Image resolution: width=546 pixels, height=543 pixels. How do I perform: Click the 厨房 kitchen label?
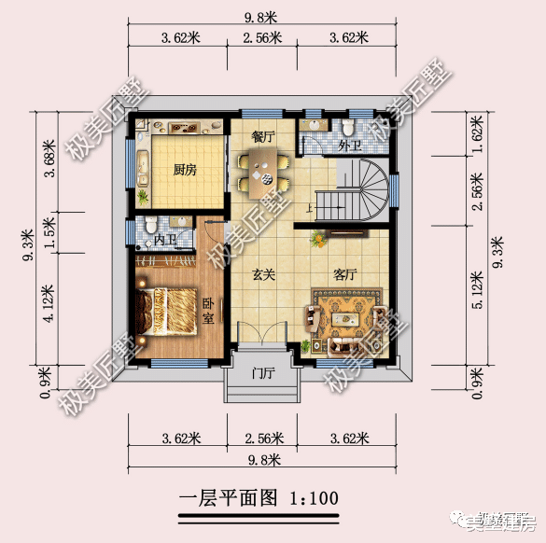tap(185, 171)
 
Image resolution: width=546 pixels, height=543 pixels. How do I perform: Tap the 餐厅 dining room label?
tap(263, 136)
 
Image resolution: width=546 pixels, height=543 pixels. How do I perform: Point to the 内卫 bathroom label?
tap(164, 241)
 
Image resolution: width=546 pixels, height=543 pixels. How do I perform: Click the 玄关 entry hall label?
tap(263, 276)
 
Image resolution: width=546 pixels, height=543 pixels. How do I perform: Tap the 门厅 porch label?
tap(263, 374)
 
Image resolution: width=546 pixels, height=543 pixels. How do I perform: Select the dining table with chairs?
tap(262, 172)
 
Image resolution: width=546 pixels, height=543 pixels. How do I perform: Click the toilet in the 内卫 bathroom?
tap(150, 224)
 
